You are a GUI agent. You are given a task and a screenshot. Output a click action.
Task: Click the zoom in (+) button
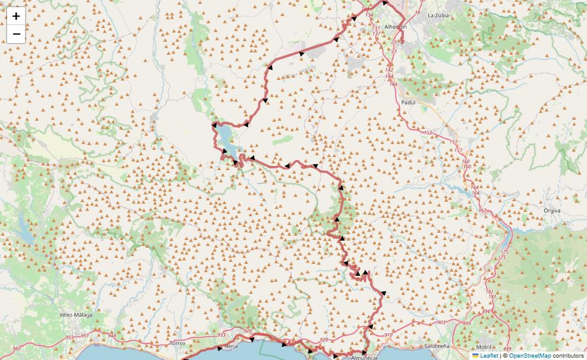[16, 16]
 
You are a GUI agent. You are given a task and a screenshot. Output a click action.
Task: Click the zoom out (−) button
[16, 34]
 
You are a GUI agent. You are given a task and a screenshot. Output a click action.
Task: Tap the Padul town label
[408, 102]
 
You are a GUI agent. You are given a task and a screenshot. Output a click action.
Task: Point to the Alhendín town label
[396, 27]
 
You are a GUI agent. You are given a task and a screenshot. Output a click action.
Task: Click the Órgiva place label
[552, 210]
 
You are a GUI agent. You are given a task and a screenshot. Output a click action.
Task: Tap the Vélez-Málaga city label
[76, 315]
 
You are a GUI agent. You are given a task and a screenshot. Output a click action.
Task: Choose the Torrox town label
[178, 343]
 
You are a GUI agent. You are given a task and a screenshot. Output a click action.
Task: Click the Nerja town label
[231, 346]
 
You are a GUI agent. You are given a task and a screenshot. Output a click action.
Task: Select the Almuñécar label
[364, 357]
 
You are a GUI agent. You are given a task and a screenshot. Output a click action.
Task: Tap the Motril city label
[483, 347]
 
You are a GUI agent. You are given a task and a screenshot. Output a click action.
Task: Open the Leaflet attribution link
[489, 355]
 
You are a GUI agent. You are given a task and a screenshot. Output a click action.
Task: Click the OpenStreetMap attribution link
[530, 355]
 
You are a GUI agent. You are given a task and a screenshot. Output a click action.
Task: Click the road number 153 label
[427, 133]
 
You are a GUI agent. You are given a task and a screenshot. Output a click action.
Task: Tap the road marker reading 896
[486, 312]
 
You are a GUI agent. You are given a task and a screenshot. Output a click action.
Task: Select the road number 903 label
[441, 322]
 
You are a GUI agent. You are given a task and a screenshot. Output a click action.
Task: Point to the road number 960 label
[17, 348]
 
